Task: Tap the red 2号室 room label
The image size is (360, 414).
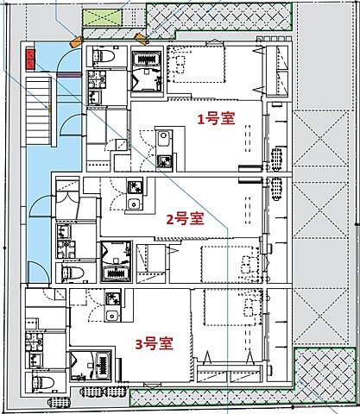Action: pyautogui.click(x=185, y=218)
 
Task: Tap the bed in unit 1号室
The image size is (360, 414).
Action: pyautogui.click(x=194, y=69)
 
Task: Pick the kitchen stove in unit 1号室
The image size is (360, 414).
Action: pyautogui.click(x=164, y=160)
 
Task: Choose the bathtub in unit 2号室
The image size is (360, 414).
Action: pyautogui.click(x=116, y=273)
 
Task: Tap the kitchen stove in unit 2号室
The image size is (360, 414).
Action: pyautogui.click(x=135, y=187)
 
